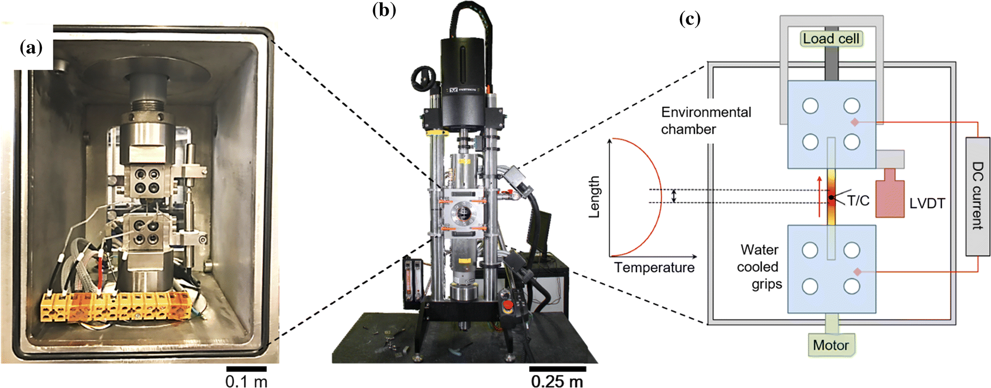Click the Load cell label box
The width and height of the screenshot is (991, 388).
pos(831,39)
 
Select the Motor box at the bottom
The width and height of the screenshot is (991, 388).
pos(831,345)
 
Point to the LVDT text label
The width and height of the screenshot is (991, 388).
pos(927,203)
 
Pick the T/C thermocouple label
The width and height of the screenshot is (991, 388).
pos(858,200)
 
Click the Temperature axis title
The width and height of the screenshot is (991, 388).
pos(654,268)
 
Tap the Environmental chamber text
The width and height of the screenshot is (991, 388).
pos(706,120)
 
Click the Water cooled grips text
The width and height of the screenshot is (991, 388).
pos(759,267)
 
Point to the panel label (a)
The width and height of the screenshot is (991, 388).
pos(31,47)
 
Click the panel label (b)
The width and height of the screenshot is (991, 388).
pos(384,10)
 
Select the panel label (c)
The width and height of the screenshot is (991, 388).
pos(690,19)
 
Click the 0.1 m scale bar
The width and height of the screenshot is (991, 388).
pos(246,369)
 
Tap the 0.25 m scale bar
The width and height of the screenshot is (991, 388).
pos(557,369)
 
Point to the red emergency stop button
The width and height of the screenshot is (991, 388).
pos(508,306)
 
